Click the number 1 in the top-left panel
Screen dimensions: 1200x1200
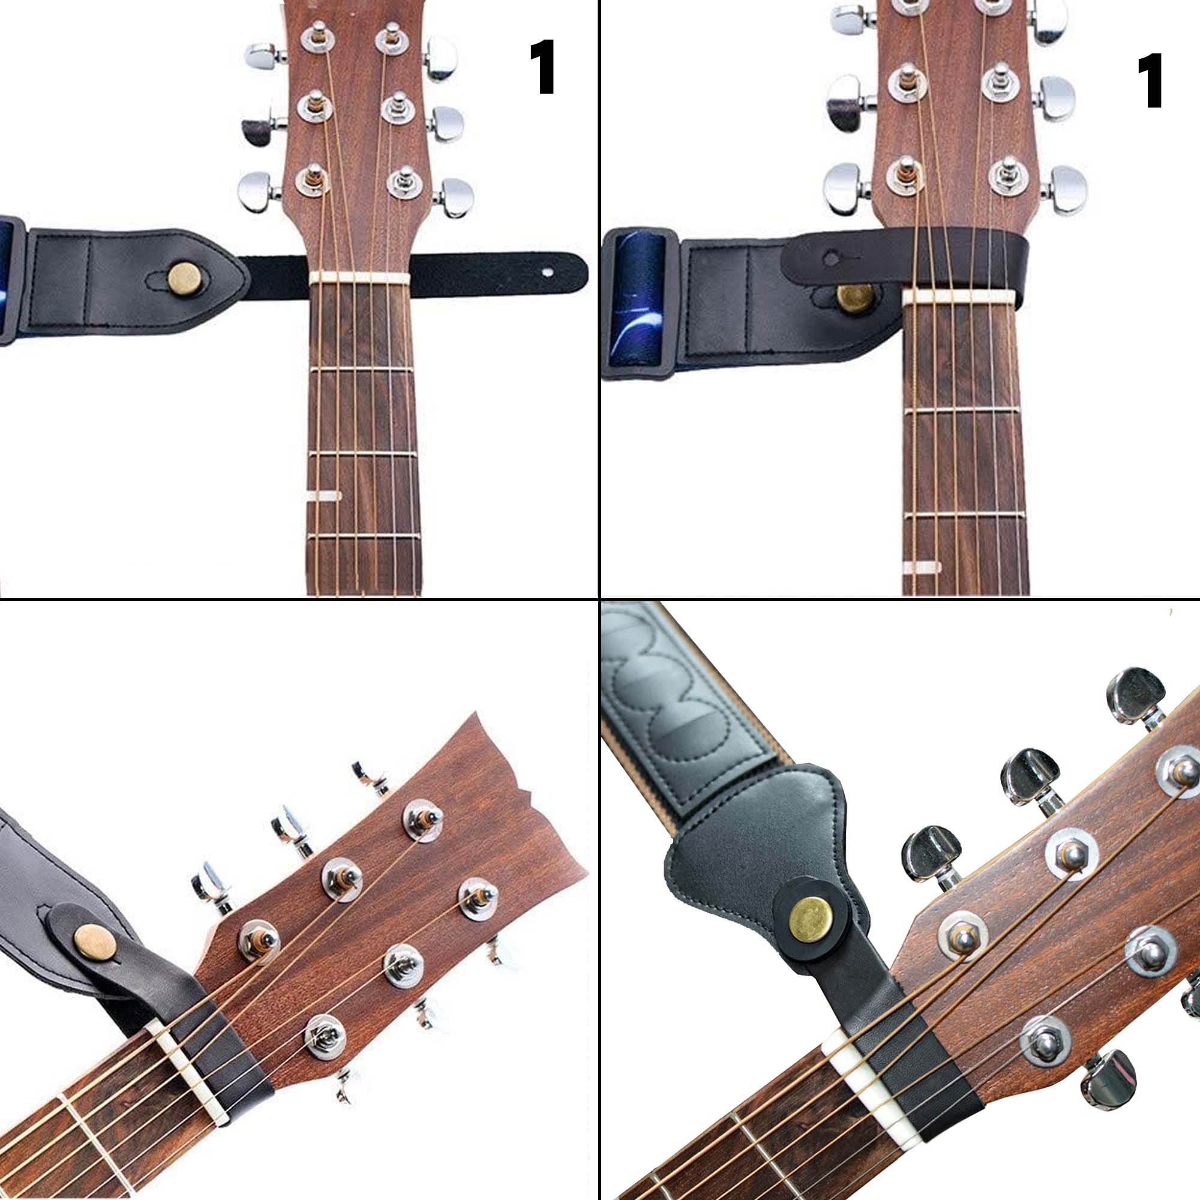coord(545,68)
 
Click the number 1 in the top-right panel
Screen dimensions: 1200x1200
coord(1151,82)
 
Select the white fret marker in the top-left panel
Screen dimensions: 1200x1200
coord(323,495)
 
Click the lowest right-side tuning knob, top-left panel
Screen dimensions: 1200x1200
coord(455,197)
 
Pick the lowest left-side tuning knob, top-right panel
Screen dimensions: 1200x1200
coord(847,188)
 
